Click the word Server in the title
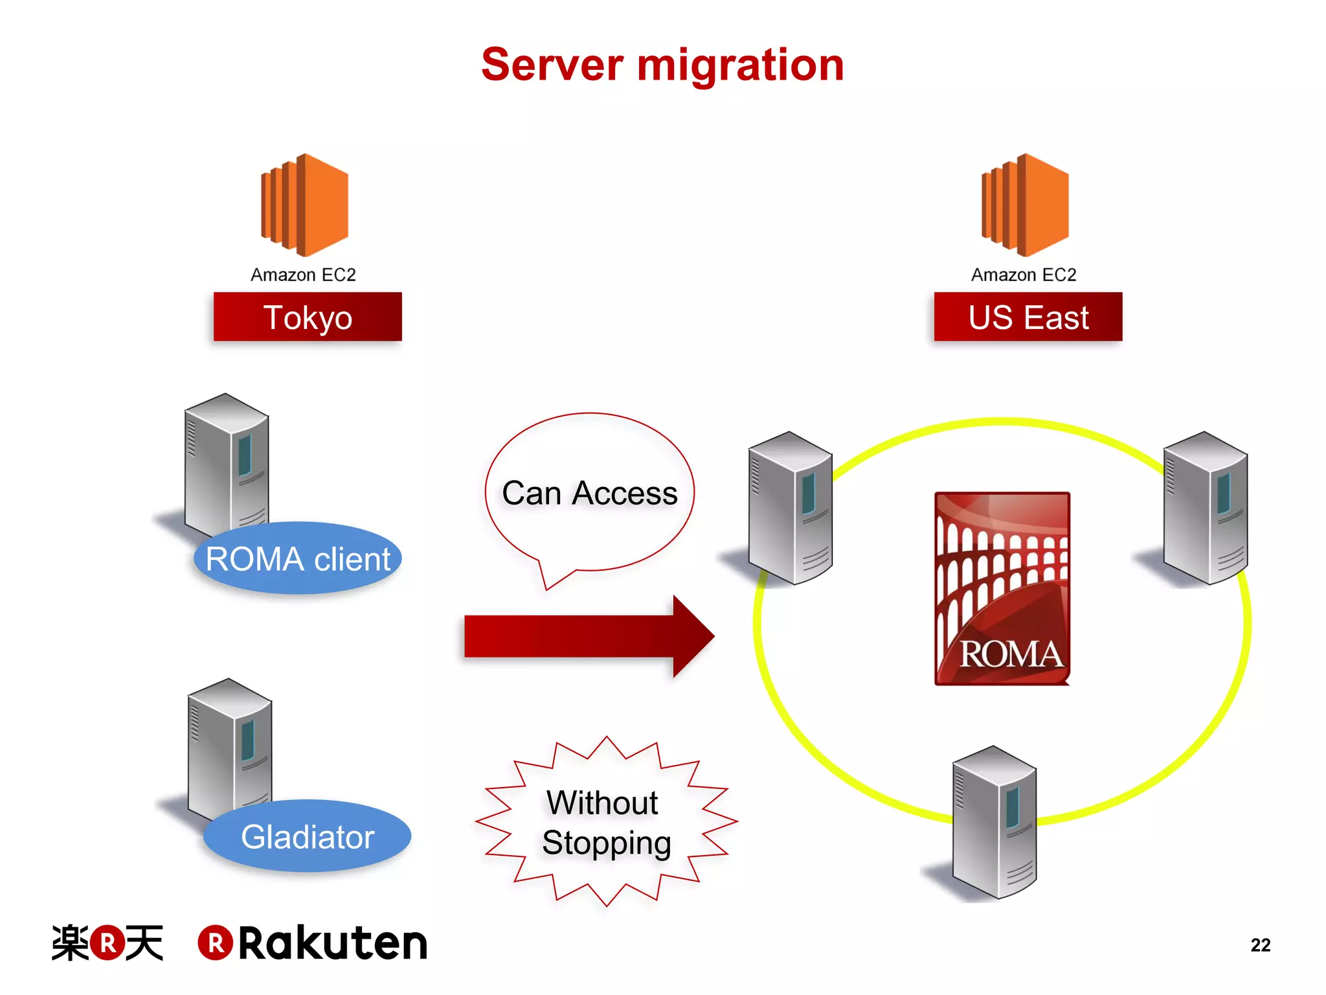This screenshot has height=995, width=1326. (552, 65)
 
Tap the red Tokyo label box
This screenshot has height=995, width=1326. (308, 317)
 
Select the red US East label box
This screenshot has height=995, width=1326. (1028, 317)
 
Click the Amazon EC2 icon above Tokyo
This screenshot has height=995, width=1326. (305, 205)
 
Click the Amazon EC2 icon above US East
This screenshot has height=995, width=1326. (1026, 205)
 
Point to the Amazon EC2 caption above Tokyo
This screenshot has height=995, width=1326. (303, 275)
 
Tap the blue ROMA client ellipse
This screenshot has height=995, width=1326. (298, 558)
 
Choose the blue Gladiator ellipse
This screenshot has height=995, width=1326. (308, 836)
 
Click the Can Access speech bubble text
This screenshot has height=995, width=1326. (589, 493)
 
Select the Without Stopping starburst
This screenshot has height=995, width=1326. (606, 822)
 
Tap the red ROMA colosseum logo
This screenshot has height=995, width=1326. (1002, 588)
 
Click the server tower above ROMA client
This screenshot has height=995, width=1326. (227, 463)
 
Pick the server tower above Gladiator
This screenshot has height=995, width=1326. (229, 748)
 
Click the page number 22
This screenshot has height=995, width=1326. (1260, 945)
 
